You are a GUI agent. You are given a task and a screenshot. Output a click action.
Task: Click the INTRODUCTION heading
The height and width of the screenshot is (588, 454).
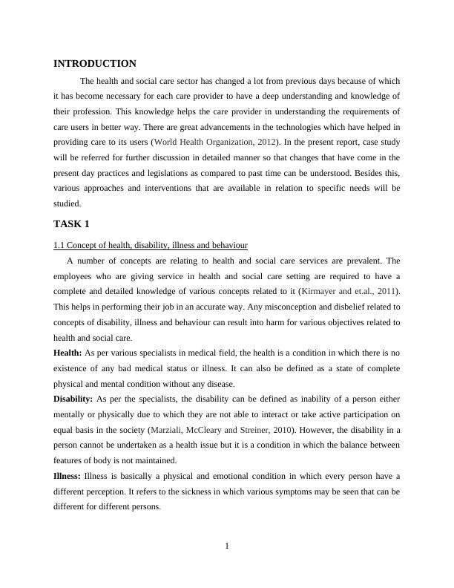click(95, 64)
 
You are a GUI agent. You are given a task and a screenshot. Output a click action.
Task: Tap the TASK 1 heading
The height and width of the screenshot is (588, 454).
click(71, 223)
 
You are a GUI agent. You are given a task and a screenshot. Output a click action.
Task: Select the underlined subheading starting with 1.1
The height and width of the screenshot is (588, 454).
click(151, 244)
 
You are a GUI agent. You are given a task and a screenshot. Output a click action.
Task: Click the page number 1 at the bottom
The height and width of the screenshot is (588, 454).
click(227, 547)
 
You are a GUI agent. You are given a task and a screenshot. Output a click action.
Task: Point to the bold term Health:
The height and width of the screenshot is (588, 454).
click(68, 353)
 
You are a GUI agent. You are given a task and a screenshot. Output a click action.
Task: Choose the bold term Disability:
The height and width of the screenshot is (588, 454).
click(73, 399)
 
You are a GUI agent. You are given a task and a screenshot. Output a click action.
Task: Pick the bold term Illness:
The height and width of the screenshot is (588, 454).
click(68, 476)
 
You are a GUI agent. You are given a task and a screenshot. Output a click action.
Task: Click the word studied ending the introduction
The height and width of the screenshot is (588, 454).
click(67, 203)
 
